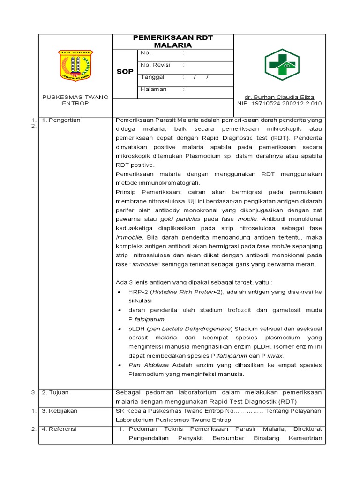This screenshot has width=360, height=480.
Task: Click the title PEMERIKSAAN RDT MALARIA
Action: coord(172,41)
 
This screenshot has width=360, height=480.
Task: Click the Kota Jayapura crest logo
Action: coord(75,66)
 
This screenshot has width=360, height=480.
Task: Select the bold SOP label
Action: coord(125,71)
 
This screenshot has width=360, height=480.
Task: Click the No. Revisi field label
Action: coord(154,65)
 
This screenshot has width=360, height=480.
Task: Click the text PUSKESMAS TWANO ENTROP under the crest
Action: coord(75,100)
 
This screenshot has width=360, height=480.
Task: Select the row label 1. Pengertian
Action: coord(61,120)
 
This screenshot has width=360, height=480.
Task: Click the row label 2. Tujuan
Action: coord(55,392)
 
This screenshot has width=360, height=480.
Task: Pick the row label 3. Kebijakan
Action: coord(60,411)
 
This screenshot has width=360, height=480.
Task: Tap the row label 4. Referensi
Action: coord(60,429)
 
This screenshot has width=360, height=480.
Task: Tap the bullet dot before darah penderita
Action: coord(120,310)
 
